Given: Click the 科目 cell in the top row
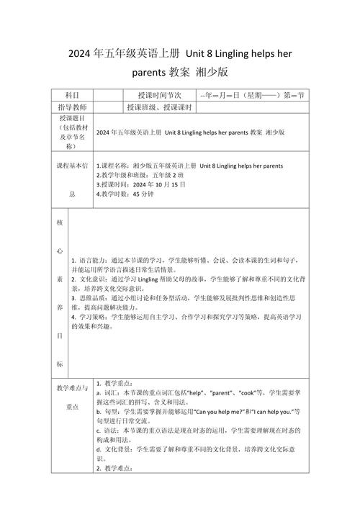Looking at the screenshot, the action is [72, 95].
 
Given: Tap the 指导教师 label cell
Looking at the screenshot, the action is [72, 107].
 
